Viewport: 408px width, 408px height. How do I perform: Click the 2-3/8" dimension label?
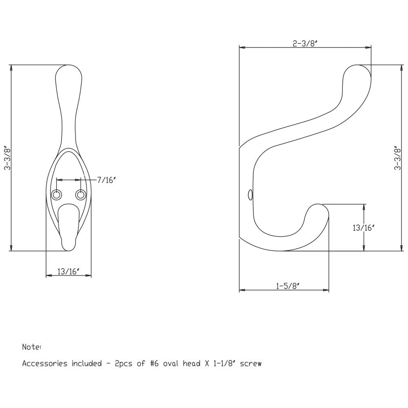[x=305, y=44]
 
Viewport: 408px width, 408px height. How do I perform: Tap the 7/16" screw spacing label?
[x=106, y=180]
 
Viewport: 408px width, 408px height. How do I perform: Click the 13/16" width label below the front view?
[x=68, y=271]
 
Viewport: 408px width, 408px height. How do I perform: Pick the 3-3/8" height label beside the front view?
[x=6, y=158]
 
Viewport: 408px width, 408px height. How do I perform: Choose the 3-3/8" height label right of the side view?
[x=398, y=158]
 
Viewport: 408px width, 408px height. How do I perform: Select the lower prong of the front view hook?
[x=68, y=228]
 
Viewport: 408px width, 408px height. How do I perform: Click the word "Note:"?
[x=31, y=347]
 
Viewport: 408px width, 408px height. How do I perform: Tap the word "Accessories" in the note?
[x=44, y=363]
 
